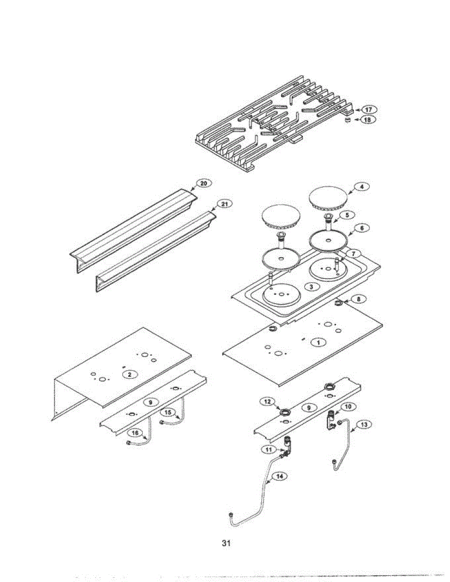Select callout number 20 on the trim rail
(x=203, y=183)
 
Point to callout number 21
(x=223, y=204)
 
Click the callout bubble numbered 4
(x=361, y=186)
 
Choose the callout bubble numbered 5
(x=347, y=214)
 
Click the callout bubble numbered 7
(x=353, y=254)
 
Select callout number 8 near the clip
(x=358, y=299)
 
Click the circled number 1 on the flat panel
(x=318, y=342)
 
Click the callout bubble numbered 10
(x=347, y=405)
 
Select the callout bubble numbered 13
(x=365, y=424)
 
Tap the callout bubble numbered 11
(x=270, y=450)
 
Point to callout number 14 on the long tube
(x=279, y=476)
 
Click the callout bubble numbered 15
(x=168, y=412)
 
